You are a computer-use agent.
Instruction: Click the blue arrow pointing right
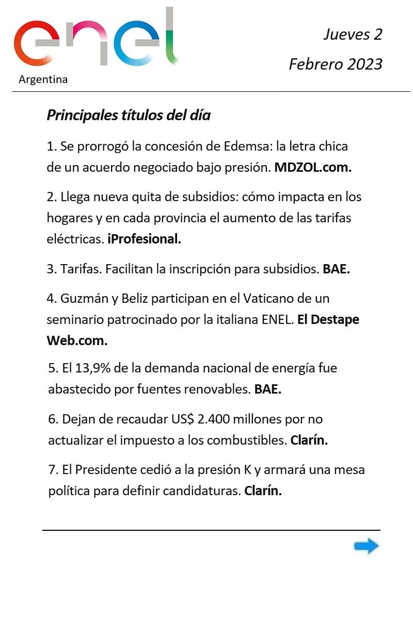point(367,546)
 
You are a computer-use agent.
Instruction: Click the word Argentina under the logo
point(43,80)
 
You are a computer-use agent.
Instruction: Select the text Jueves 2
point(353,35)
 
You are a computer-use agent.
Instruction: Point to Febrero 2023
point(336,64)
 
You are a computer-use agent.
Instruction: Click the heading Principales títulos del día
point(129,115)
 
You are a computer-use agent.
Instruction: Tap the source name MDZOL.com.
point(313,168)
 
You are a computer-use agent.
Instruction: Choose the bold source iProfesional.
point(145,239)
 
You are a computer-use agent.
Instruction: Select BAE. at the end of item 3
point(336,269)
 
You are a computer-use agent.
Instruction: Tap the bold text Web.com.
point(77,341)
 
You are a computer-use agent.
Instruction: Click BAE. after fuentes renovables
point(267,389)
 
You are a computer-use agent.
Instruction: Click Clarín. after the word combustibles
point(309,441)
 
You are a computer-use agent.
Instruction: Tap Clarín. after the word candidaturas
point(263,491)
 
